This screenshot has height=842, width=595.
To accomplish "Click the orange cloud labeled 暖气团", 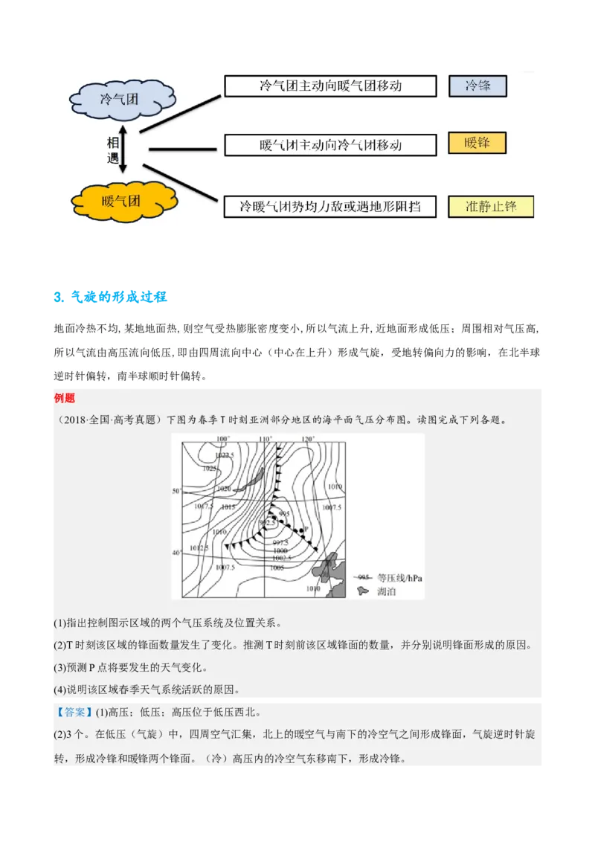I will point(121,200).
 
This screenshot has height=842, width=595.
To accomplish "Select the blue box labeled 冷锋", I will point(477,86).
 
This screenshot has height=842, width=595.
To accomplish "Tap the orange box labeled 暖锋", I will point(477,143).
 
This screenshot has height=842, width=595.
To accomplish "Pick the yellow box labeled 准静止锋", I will point(491,206).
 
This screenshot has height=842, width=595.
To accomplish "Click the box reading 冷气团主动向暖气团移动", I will point(329,86).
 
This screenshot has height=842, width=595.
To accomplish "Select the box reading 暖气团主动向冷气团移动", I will point(329,144).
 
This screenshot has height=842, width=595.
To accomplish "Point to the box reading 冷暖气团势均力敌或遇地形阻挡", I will point(329,206).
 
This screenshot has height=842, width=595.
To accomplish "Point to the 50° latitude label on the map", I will point(177,492).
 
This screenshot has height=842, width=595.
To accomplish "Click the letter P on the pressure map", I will point(306,525).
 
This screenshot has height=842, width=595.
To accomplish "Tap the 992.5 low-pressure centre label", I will point(268,524).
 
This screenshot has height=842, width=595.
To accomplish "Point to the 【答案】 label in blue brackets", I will point(73,712).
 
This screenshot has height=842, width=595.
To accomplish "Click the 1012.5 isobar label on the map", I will point(200,548).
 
